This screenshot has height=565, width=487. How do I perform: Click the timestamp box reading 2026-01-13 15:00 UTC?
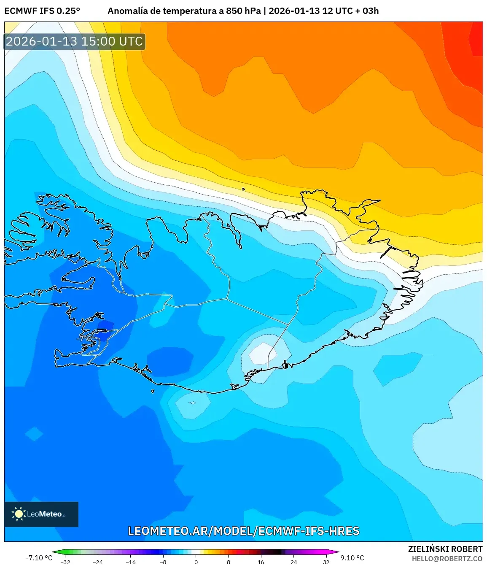(75, 41)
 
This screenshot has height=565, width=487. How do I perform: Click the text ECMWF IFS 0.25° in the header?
(42, 11)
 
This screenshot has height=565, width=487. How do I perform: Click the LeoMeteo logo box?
(41, 514)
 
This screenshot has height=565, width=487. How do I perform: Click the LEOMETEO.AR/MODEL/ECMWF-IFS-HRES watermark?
(244, 531)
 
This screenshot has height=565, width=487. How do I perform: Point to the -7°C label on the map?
(82, 338)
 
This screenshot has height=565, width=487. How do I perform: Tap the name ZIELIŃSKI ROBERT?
(445, 549)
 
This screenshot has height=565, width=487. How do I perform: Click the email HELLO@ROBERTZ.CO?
(447, 559)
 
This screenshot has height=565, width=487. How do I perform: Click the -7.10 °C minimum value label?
(39, 558)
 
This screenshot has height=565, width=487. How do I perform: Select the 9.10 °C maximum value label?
(352, 558)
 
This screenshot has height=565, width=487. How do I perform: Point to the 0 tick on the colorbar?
(196, 562)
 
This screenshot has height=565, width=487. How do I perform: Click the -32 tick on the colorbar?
(65, 562)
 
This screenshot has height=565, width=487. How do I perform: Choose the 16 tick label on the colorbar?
(261, 562)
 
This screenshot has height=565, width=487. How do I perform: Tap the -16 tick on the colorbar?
(131, 562)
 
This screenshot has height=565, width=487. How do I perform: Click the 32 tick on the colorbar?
(326, 562)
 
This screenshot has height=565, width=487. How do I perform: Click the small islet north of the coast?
(243, 189)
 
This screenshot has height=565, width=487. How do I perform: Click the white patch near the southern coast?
(263, 353)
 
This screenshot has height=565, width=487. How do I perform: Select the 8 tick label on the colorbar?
(229, 562)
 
